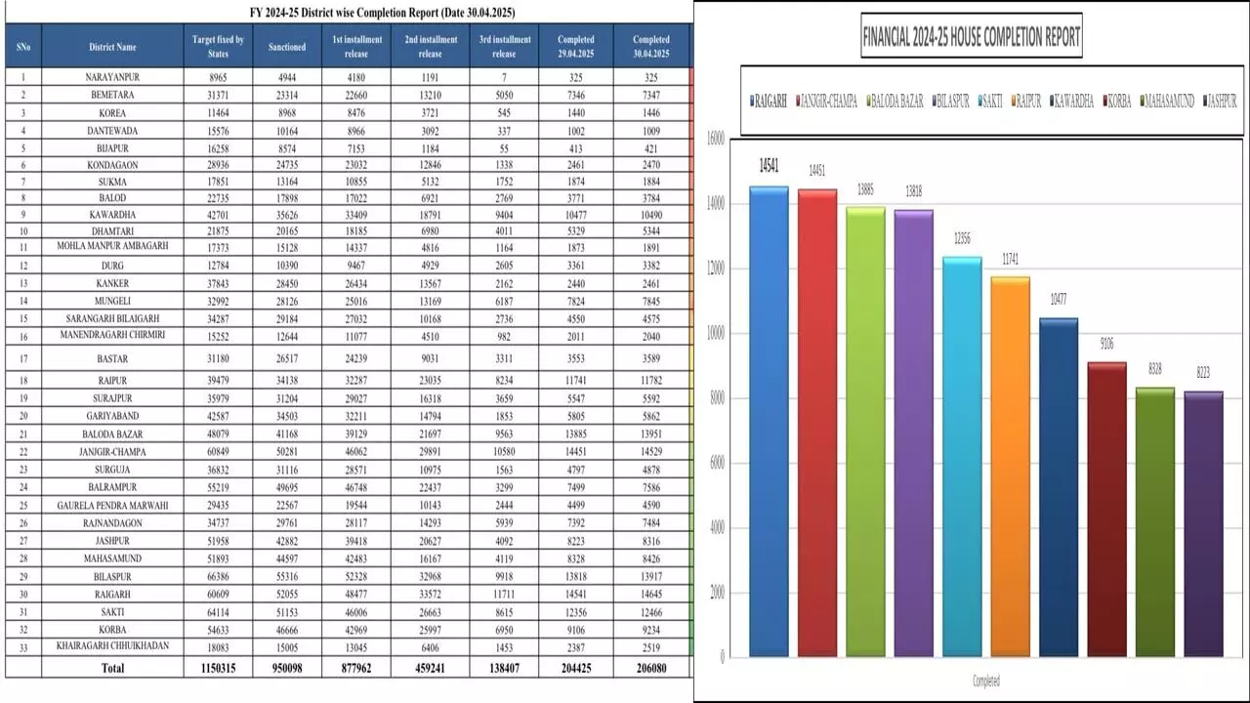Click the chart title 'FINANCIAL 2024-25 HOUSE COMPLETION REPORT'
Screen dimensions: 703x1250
click(x=972, y=38)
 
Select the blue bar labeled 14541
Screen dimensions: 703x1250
click(x=769, y=420)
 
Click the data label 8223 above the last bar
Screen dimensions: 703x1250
click(x=1203, y=372)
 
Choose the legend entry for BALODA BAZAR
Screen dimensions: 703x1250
click(x=893, y=101)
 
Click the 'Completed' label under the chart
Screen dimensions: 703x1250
click(x=985, y=681)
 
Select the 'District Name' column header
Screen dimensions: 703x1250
click(x=112, y=47)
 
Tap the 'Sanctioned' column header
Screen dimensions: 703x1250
click(x=287, y=47)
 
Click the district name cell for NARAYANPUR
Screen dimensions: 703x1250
click(x=112, y=76)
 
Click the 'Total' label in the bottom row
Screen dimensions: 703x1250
click(x=112, y=669)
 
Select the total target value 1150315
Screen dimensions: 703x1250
click(x=218, y=669)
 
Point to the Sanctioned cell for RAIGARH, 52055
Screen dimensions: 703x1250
click(x=287, y=595)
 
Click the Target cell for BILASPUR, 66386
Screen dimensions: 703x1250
click(x=218, y=577)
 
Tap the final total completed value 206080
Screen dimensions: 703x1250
click(x=650, y=669)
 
